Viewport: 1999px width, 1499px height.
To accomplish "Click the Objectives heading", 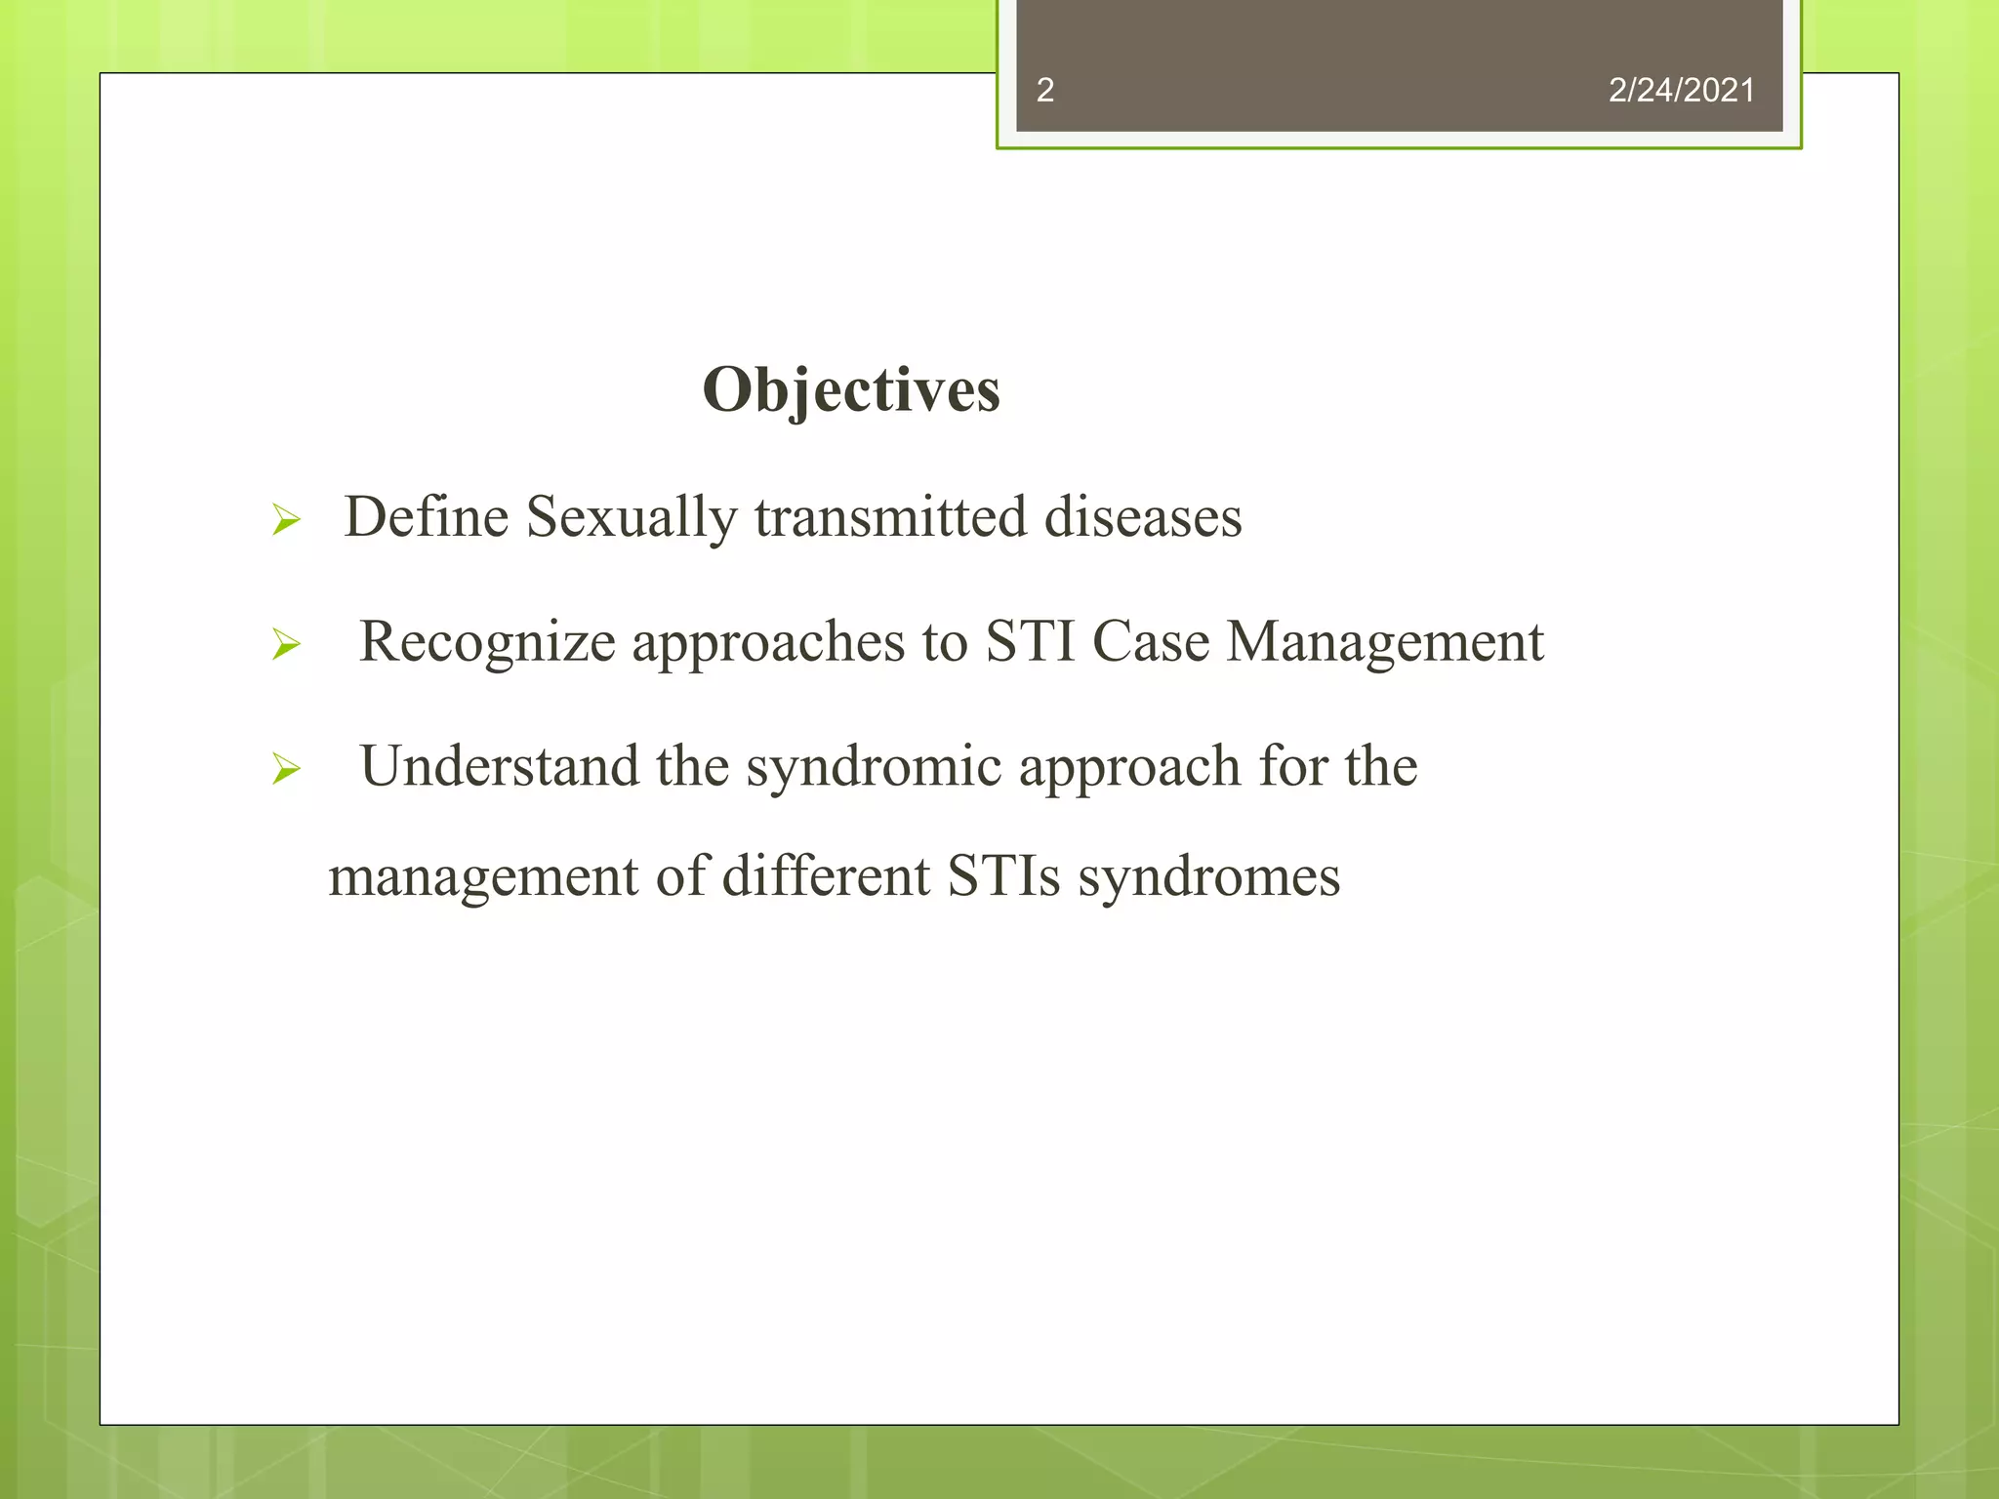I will (x=850, y=390).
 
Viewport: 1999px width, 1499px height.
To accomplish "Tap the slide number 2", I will (x=1044, y=91).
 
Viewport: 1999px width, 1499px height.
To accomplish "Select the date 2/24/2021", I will (x=1681, y=91).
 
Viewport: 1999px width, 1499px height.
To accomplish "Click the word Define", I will (x=426, y=516).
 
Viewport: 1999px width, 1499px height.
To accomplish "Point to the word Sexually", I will (x=632, y=518).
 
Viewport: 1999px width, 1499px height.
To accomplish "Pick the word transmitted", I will (x=890, y=516).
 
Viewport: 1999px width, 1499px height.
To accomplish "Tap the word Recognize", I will (x=487, y=643).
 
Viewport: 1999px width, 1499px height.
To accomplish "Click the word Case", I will (x=1151, y=641).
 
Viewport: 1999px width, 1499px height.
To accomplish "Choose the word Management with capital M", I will (x=1385, y=643).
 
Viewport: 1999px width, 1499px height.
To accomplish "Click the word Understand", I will (x=499, y=766).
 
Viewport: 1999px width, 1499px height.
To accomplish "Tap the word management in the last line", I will (x=483, y=877).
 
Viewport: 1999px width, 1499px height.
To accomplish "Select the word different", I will (x=826, y=875).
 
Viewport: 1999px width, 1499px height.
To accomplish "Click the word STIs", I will (x=1003, y=875).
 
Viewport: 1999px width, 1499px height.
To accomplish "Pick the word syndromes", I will (x=1208, y=877).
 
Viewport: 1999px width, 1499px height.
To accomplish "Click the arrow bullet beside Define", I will (x=286, y=520).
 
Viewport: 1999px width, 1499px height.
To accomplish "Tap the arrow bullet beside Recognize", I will (x=286, y=644).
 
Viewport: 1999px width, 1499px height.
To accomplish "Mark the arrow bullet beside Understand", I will (x=286, y=769).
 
